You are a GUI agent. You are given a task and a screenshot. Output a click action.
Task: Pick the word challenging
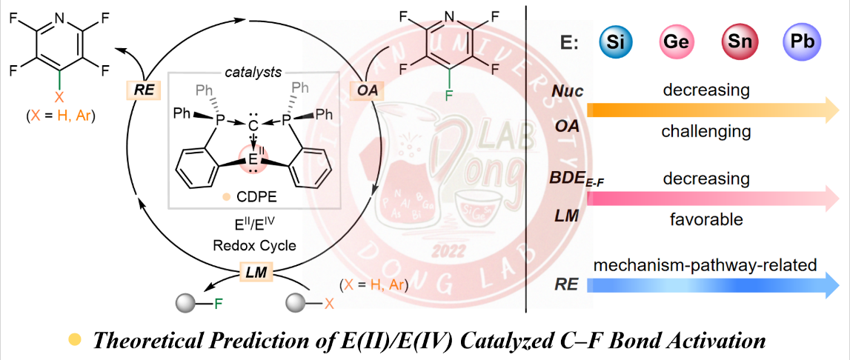[705, 132]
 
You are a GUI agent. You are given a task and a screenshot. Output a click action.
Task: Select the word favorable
[705, 220]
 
